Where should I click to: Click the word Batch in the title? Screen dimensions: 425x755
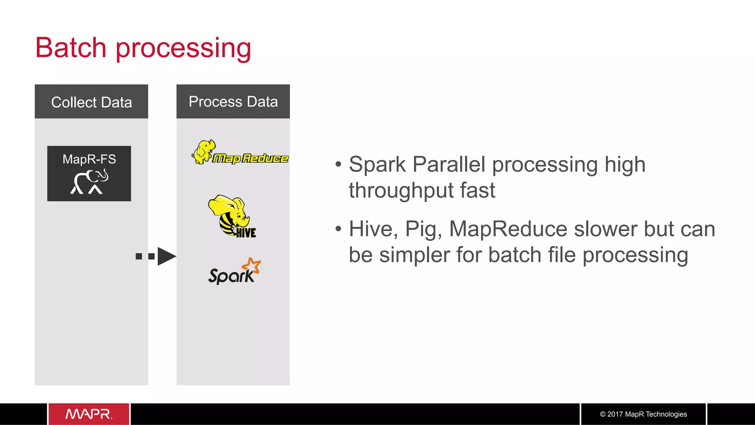pos(71,48)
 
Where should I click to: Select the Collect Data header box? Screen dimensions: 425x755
pos(91,102)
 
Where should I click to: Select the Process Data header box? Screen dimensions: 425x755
pos(233,101)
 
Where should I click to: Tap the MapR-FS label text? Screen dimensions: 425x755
pos(89,159)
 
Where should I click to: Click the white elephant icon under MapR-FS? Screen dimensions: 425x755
pos(90,182)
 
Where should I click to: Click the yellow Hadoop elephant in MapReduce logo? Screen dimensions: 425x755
pos(203,151)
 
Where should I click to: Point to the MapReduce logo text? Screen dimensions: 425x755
pos(251,158)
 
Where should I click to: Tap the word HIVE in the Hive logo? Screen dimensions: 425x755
pos(246,233)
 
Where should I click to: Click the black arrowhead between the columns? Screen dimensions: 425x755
pos(166,256)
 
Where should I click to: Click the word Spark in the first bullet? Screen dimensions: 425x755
pos(377,164)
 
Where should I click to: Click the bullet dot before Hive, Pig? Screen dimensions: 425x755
pos(338,229)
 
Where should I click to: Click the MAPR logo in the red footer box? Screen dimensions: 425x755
pos(89,414)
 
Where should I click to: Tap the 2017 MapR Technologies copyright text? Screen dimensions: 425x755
pos(643,414)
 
